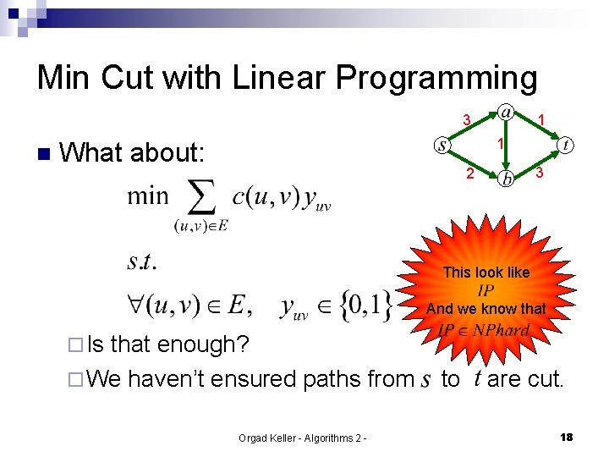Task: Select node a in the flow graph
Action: point(505,113)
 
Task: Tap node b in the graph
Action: point(506,178)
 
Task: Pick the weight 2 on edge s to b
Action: point(470,174)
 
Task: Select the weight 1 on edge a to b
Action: point(500,145)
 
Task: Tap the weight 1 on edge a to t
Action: point(541,119)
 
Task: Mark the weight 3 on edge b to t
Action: point(539,173)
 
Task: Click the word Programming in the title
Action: point(437,78)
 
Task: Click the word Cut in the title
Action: point(134,78)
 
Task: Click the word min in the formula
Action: point(149,197)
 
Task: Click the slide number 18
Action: point(567,437)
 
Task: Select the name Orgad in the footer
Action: point(256,438)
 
